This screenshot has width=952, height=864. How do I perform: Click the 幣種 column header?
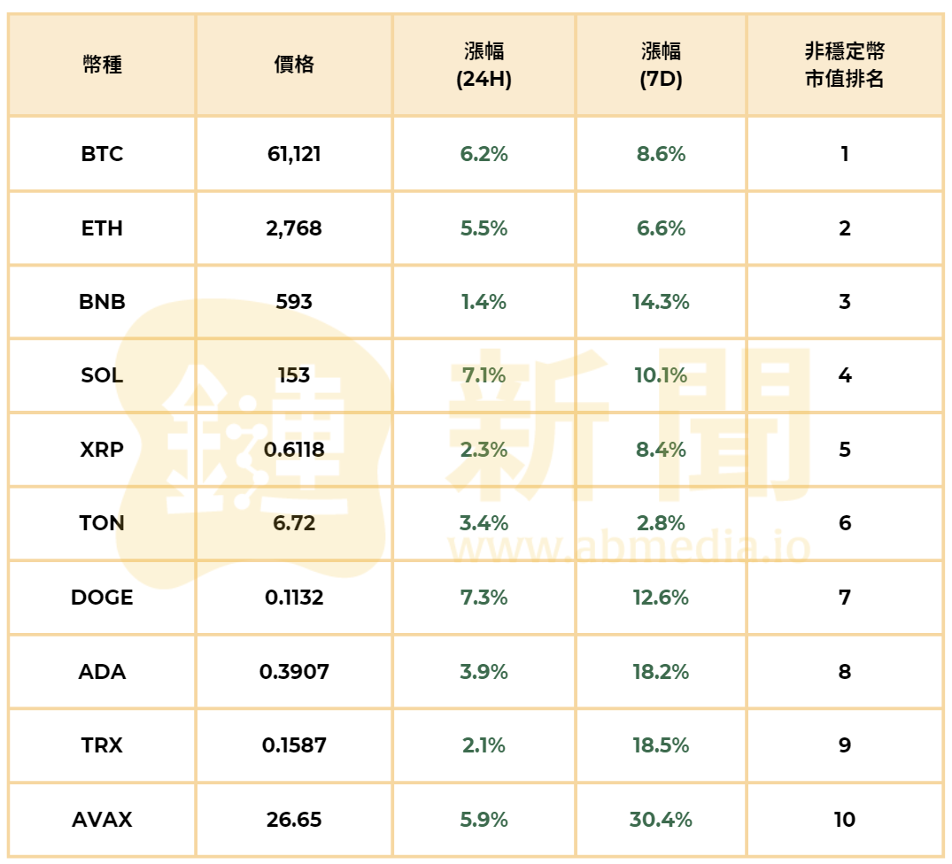(x=102, y=65)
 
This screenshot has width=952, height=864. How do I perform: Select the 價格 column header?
(x=294, y=65)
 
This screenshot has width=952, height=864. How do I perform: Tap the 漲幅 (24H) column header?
(x=484, y=66)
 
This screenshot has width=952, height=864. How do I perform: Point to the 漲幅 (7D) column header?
(x=661, y=66)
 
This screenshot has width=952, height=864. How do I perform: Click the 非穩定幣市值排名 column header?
(x=844, y=66)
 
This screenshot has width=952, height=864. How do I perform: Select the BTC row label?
(x=102, y=154)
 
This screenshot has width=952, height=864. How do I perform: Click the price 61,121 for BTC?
(x=294, y=154)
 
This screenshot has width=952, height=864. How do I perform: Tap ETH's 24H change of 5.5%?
(x=484, y=228)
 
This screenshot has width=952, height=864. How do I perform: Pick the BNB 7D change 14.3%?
(x=661, y=302)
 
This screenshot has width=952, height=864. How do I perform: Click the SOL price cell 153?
(x=294, y=375)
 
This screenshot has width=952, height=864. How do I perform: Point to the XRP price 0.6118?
(x=294, y=450)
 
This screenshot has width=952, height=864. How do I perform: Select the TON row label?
(x=102, y=523)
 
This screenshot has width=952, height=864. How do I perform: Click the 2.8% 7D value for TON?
(x=661, y=523)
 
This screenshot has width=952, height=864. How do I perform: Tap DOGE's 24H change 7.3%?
(x=484, y=598)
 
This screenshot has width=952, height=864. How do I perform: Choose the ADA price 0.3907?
(x=294, y=672)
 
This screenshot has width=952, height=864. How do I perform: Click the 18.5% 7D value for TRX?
(x=661, y=745)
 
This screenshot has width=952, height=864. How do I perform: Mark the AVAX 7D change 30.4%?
(x=661, y=820)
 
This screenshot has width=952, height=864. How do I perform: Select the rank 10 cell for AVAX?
(x=844, y=820)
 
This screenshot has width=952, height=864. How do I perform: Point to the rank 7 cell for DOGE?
(x=844, y=598)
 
